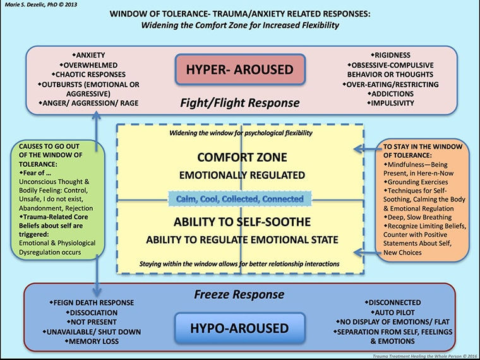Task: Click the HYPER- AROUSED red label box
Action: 241,68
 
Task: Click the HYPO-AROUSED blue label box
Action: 241,328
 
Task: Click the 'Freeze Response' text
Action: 241,295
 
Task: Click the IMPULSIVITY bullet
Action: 393,103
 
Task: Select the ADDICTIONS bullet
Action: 393,93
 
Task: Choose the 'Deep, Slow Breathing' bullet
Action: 419,217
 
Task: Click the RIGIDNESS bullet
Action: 393,55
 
